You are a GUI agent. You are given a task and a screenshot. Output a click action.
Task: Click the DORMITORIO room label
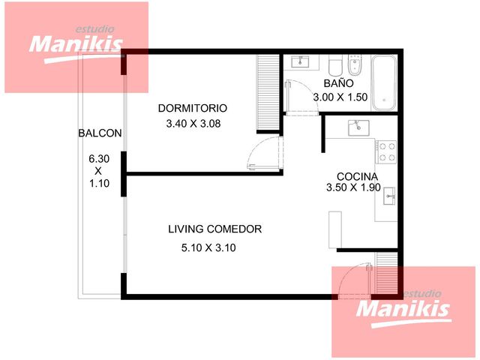pyautogui.click(x=193, y=108)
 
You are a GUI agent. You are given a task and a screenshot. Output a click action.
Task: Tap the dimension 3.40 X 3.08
pyautogui.click(x=193, y=124)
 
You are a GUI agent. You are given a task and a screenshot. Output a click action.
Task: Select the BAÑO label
pyautogui.click(x=338, y=83)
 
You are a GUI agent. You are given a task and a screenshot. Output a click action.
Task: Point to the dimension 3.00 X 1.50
pyautogui.click(x=340, y=97)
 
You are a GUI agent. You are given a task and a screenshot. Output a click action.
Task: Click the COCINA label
pyautogui.click(x=357, y=177)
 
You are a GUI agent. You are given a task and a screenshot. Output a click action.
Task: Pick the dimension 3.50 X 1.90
pyautogui.click(x=353, y=187)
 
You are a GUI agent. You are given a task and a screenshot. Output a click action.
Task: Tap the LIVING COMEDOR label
pyautogui.click(x=215, y=229)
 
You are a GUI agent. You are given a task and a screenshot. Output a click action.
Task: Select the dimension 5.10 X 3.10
pyautogui.click(x=208, y=247)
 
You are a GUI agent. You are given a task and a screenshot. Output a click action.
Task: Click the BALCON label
pyautogui.click(x=100, y=133)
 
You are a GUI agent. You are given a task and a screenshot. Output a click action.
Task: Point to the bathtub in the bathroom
pyautogui.click(x=384, y=83)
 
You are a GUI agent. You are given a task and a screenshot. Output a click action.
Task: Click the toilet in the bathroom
pyautogui.click(x=335, y=65)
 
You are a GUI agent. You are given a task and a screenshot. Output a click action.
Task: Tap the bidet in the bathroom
pyautogui.click(x=355, y=65)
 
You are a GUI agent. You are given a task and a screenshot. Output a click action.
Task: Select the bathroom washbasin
pyautogui.click(x=300, y=62)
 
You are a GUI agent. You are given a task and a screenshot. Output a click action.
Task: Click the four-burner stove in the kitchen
pyautogui.click(x=387, y=151)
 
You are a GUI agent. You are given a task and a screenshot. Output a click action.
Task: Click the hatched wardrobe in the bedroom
pyautogui.click(x=268, y=92)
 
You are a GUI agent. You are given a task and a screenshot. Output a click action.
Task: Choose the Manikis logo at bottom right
pyautogui.click(x=403, y=309)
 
